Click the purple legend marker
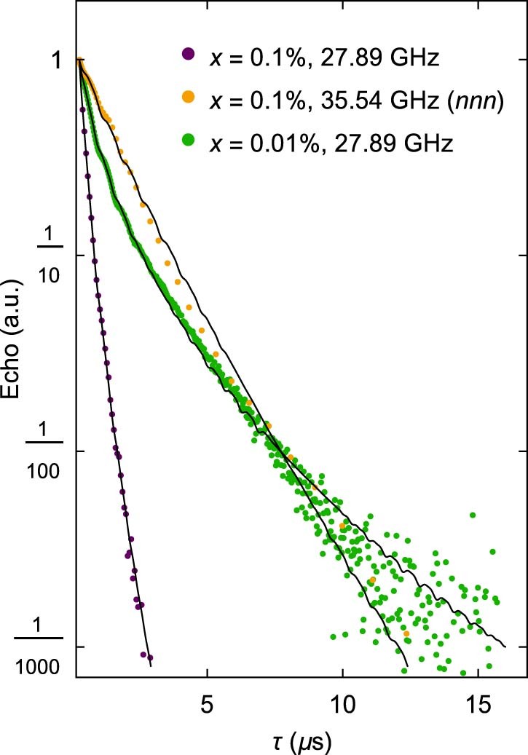point(189,54)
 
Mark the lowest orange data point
point(406,634)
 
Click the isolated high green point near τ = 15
point(473,515)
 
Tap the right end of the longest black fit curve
point(505,646)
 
